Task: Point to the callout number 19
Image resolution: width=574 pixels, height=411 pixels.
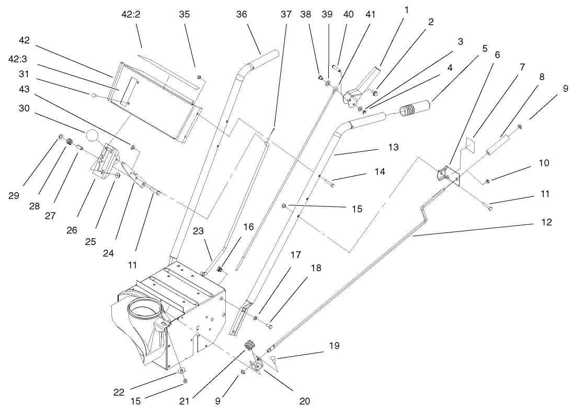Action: pyautogui.click(x=334, y=346)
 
